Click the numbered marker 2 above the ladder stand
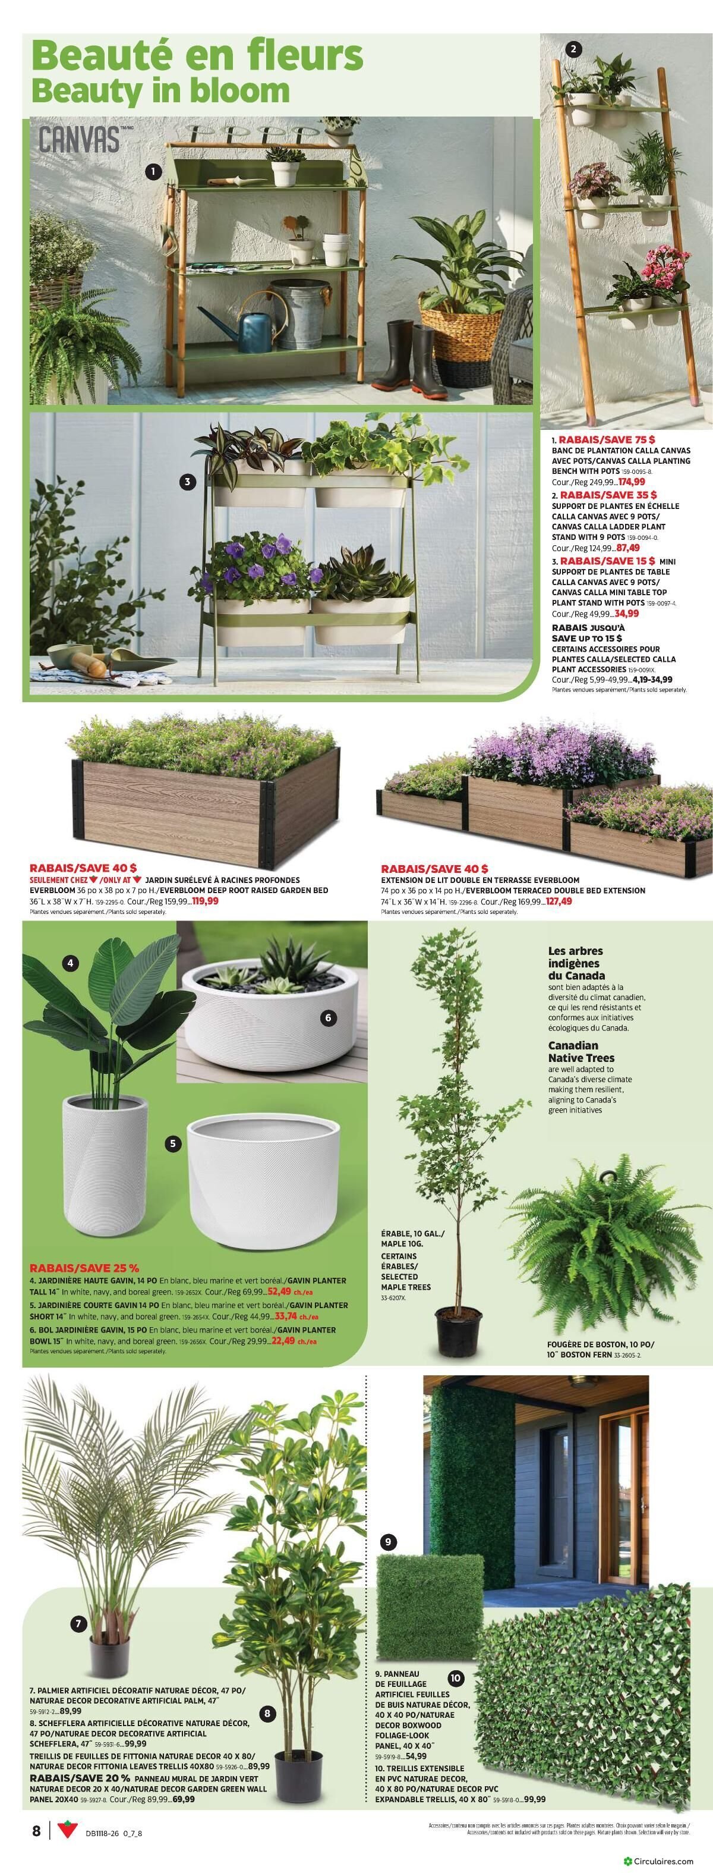573,49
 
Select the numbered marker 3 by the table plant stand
188,482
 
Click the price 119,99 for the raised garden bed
201,900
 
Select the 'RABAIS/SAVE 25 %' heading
84,1269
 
